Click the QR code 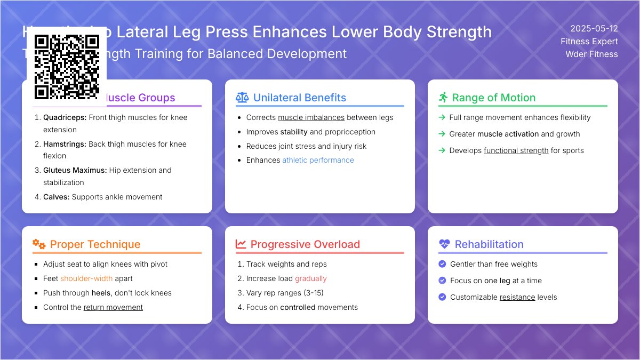point(67,67)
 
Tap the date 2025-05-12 point(594,29)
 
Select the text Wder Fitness point(591,54)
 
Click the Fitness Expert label point(589,41)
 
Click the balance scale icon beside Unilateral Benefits point(242,98)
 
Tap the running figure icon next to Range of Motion point(443,98)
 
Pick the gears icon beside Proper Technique point(39,244)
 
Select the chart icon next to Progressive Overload point(241,244)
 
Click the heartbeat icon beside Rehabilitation point(444,244)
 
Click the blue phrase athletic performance point(318,160)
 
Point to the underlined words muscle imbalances point(311,117)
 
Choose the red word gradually point(310,278)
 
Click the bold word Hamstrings point(65,144)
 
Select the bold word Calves point(56,197)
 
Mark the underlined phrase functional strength point(516,150)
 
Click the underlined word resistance point(517,297)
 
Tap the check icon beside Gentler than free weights point(442,264)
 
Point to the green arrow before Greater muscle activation point(442,134)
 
